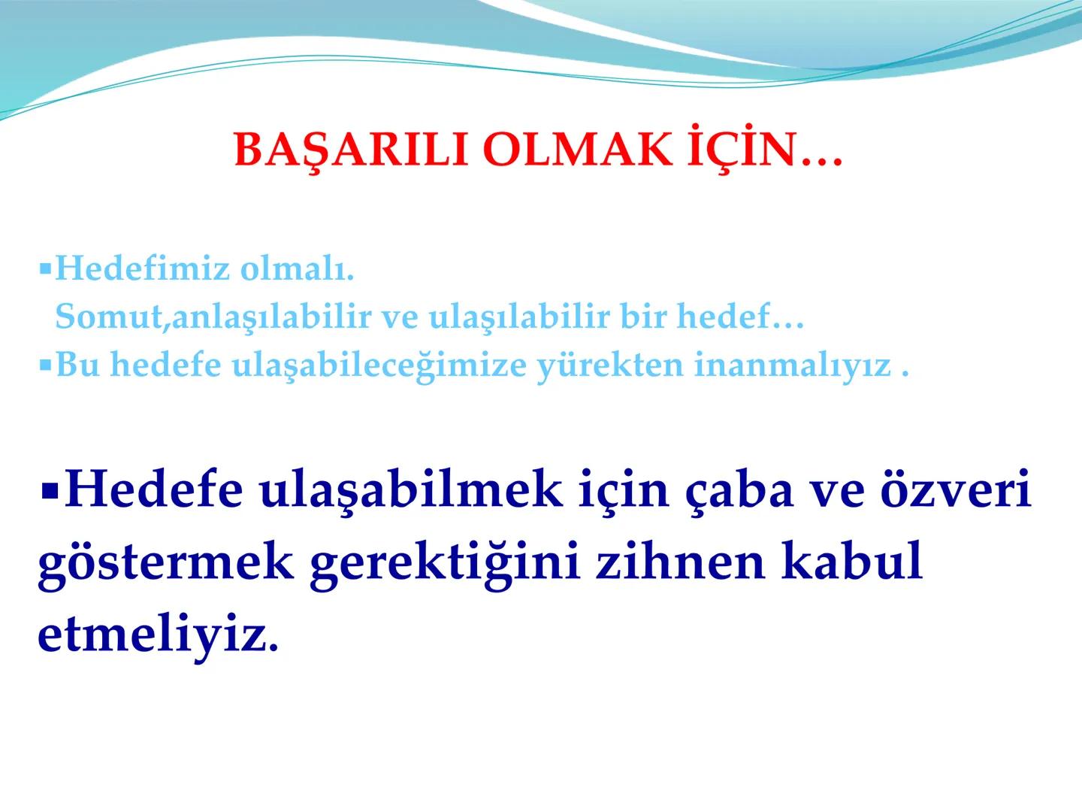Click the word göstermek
click(x=165, y=564)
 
